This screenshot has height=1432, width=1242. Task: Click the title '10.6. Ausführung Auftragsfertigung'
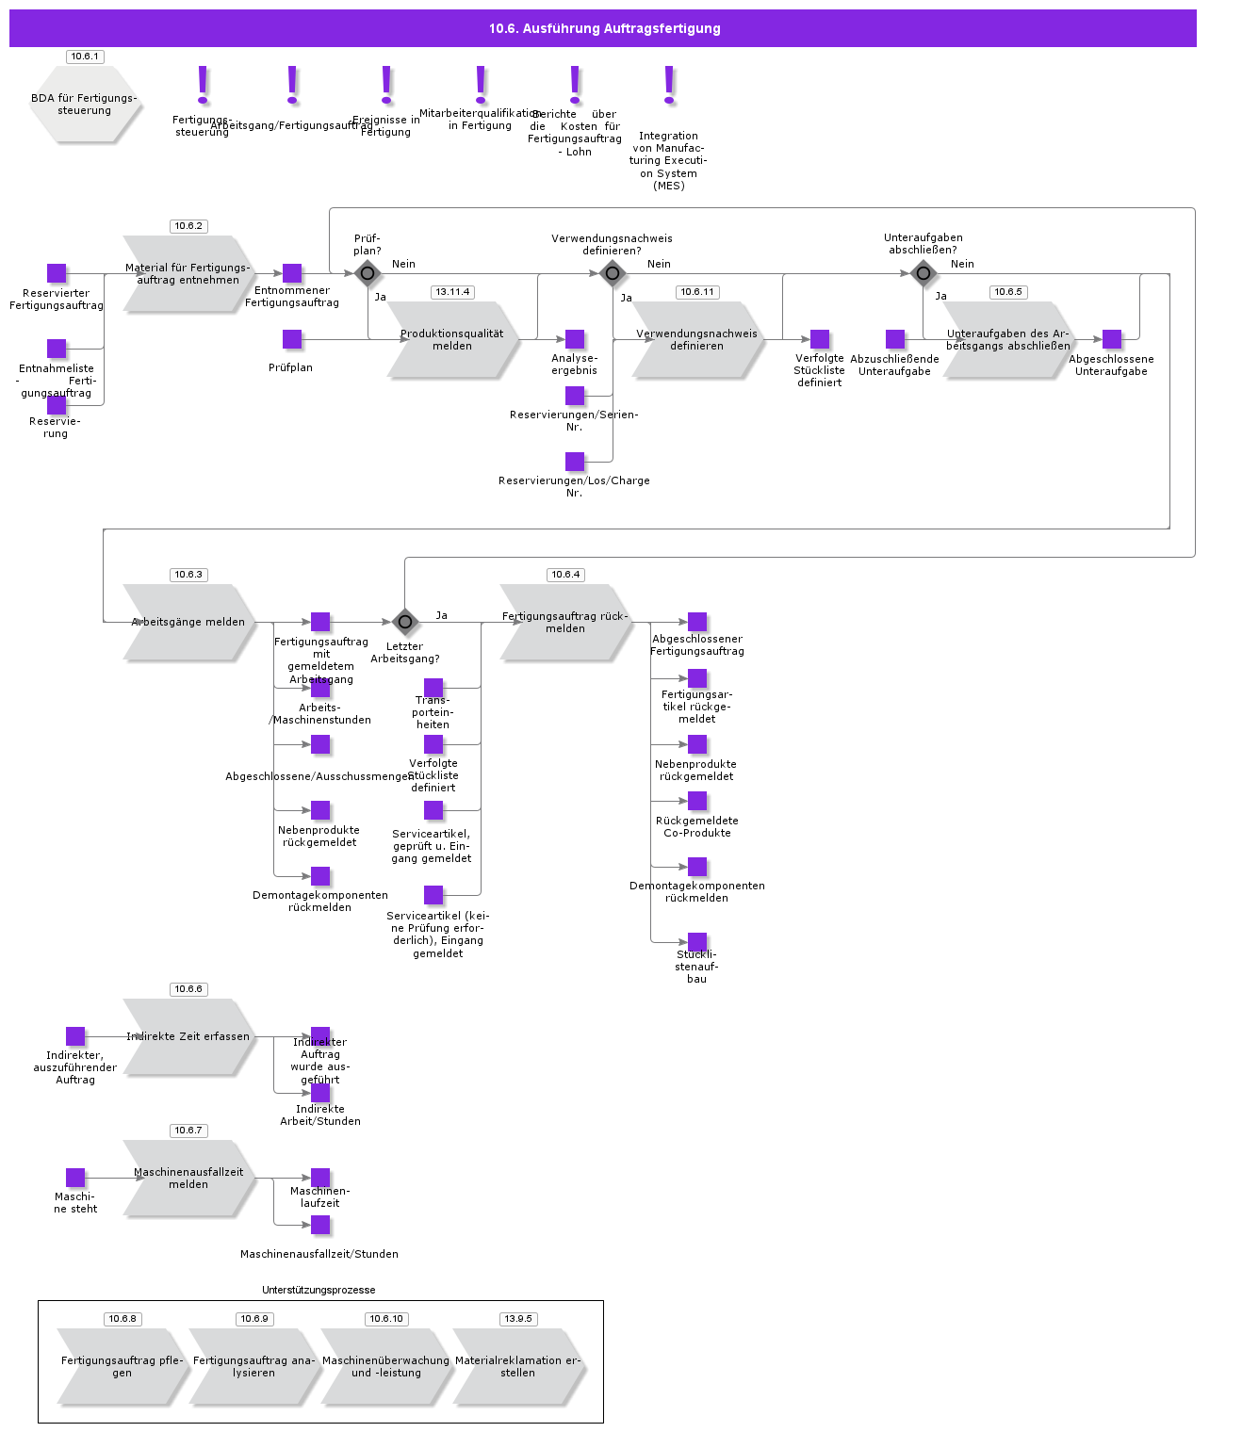[x=603, y=28]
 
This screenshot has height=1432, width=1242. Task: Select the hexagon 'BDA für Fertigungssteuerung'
[x=85, y=104]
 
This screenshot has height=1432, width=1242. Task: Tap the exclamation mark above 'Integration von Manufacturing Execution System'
[x=669, y=85]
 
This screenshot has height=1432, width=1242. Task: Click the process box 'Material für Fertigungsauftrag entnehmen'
[x=188, y=274]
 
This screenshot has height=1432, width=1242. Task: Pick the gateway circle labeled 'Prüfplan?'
[x=368, y=274]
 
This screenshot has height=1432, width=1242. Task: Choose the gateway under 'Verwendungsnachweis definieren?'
[x=613, y=274]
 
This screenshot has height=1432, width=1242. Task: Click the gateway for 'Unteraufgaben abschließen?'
[x=923, y=274]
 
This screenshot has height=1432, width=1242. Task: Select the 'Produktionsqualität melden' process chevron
[x=452, y=340]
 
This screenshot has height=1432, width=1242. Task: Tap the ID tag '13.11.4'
[x=452, y=292]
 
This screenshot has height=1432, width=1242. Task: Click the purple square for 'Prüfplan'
[x=292, y=339]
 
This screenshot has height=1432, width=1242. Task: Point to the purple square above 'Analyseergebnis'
[x=575, y=339]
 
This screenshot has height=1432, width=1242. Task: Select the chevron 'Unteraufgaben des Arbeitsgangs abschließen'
[x=1008, y=340]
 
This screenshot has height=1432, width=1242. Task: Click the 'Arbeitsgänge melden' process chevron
[x=188, y=623]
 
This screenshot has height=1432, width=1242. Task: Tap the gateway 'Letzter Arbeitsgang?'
[x=405, y=622]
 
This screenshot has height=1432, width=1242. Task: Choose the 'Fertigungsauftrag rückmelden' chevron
[x=565, y=623]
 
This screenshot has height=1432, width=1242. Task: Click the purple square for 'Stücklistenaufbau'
[x=697, y=942]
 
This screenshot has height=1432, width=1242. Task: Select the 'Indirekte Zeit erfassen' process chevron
[x=188, y=1037]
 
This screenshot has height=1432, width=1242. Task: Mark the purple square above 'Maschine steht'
[x=75, y=1178]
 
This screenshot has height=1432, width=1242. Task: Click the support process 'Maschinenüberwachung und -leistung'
[x=386, y=1367]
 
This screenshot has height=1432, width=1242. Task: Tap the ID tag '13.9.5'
[x=518, y=1319]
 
